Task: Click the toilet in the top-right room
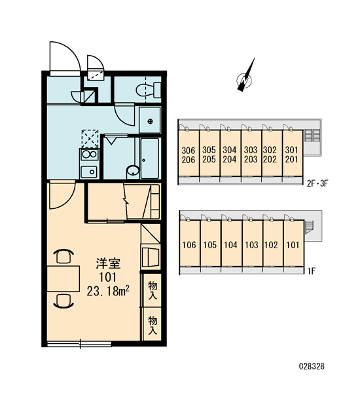[149, 90]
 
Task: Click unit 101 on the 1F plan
[293, 244]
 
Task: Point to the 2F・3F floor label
[317, 183]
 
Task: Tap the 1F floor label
[312, 271]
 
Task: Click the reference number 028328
[312, 366]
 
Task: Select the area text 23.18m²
[108, 291]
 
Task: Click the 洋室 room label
[108, 263]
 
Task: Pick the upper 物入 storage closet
[153, 290]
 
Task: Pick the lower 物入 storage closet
[153, 325]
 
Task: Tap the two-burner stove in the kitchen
[90, 155]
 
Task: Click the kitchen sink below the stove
[89, 172]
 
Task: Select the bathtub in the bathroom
[149, 158]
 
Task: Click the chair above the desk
[63, 255]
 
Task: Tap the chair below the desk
[63, 301]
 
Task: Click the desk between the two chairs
[63, 279]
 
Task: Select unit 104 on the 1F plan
[231, 244]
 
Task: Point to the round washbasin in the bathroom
[133, 170]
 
